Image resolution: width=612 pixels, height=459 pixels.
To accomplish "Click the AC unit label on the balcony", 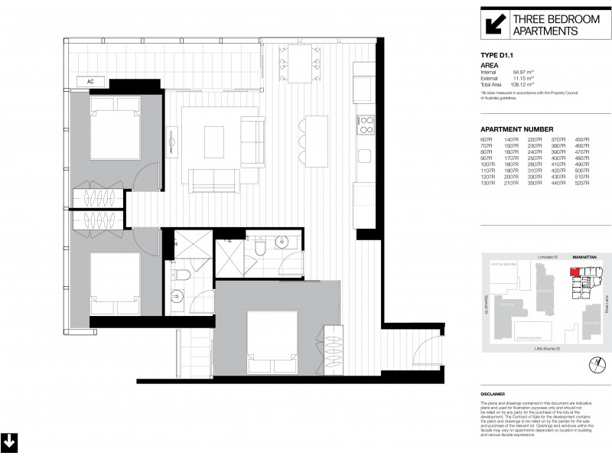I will coord(90,81).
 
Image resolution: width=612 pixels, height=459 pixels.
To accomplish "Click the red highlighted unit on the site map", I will coord(575,272).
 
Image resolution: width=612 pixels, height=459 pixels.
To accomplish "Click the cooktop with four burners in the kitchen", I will coord(365,122).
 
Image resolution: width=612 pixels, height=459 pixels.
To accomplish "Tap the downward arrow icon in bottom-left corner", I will coord(9,442).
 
